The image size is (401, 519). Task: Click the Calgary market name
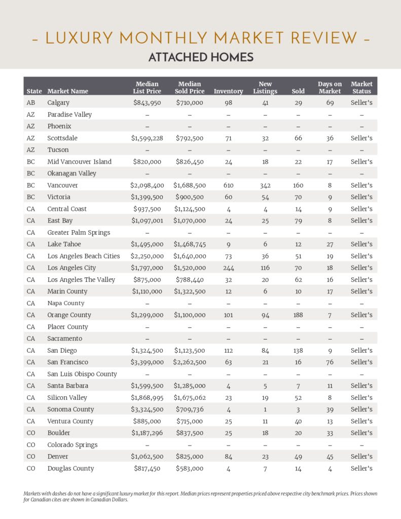(58, 103)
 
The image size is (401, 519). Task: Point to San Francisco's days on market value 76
(330, 362)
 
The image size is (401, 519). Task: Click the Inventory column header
(228, 91)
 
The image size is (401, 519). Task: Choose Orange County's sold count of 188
(298, 315)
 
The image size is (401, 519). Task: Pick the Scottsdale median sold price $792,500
(190, 138)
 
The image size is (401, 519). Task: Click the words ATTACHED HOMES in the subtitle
(201, 57)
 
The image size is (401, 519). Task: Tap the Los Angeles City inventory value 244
(228, 268)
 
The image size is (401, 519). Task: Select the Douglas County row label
(70, 469)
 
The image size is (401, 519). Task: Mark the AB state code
(31, 103)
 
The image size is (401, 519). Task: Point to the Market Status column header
(361, 88)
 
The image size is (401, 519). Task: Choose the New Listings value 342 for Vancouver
(265, 186)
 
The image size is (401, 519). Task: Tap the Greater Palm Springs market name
(79, 233)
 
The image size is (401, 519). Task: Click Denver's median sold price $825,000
(190, 457)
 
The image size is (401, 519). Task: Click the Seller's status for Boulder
(361, 433)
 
